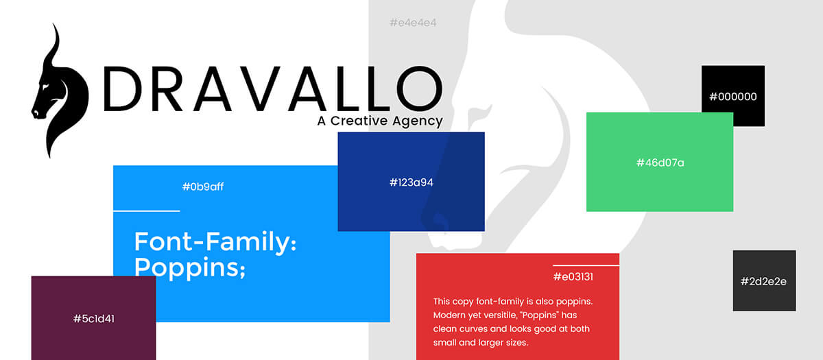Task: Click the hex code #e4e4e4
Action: click(x=413, y=23)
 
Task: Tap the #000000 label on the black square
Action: click(x=733, y=97)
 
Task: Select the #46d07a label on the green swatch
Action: click(x=660, y=163)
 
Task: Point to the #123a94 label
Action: click(x=411, y=182)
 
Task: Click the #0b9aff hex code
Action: click(x=203, y=187)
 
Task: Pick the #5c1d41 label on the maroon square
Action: click(x=94, y=318)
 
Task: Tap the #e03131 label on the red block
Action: click(x=573, y=276)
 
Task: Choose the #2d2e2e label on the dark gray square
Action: click(x=763, y=281)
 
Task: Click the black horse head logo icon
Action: click(x=60, y=92)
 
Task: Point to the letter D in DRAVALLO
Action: click(x=122, y=88)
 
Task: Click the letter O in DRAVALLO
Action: click(x=419, y=88)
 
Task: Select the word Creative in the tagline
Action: click(x=359, y=121)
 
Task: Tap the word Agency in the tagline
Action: click(x=418, y=121)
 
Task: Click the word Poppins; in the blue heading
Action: click(x=189, y=267)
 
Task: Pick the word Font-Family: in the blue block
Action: click(x=215, y=241)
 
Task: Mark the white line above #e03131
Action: click(x=586, y=265)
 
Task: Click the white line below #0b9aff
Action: click(x=147, y=211)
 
